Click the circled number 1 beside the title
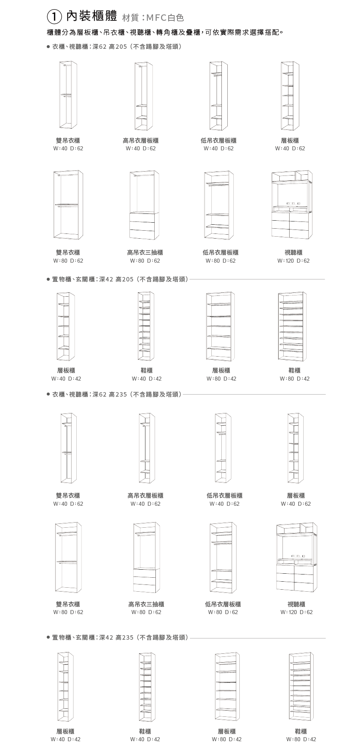pos(54,17)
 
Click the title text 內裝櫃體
pos(91,16)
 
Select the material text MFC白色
pos(165,18)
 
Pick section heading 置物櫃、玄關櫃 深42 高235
pos(120,637)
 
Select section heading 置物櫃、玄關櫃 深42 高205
pos(120,279)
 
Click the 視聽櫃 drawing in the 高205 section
pos(292,205)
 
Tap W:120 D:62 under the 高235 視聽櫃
pos(296,612)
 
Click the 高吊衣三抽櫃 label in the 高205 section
pos(145,252)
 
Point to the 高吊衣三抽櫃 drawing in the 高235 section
pos(147,557)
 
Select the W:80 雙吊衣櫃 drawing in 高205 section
pos(68,205)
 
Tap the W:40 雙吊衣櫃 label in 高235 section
pos(68,495)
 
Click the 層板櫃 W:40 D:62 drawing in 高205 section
pos(290,96)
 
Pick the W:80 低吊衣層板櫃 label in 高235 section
pos(223,604)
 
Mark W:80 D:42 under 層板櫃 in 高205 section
pos(221,379)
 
